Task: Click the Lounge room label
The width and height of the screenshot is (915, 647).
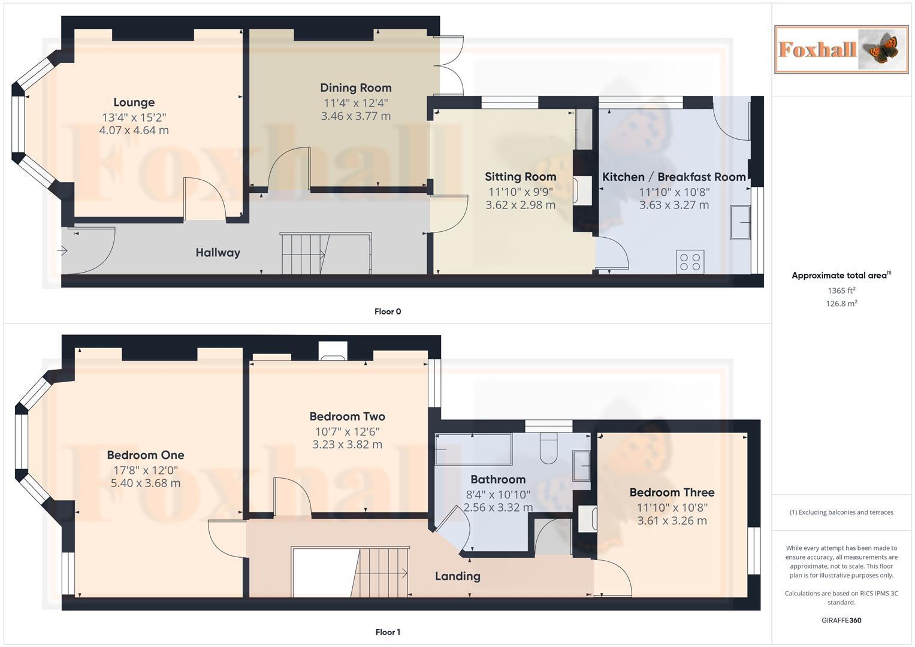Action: tap(134, 102)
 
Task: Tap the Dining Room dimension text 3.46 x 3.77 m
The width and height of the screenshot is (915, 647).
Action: tap(355, 116)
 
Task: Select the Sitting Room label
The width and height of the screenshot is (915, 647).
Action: tap(520, 177)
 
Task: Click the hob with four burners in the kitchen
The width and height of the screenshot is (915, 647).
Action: tap(690, 262)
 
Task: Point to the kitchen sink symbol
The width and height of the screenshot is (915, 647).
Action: tap(740, 222)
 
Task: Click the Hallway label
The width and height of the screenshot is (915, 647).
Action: tap(218, 253)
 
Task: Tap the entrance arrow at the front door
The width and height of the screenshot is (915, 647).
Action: tap(62, 251)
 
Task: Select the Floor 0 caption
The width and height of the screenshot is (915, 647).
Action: tap(388, 312)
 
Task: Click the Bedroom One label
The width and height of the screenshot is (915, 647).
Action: tap(146, 455)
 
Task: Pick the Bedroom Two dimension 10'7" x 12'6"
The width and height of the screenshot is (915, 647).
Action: tap(347, 431)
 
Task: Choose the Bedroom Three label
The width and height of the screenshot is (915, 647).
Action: tap(672, 492)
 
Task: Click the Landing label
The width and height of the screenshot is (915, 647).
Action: tap(457, 576)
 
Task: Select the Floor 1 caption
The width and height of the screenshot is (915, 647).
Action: tap(388, 632)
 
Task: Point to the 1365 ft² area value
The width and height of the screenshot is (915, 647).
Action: tap(841, 291)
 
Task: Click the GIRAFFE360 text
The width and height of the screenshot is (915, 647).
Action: tap(841, 620)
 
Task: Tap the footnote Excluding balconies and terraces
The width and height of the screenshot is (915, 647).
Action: tap(841, 512)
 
